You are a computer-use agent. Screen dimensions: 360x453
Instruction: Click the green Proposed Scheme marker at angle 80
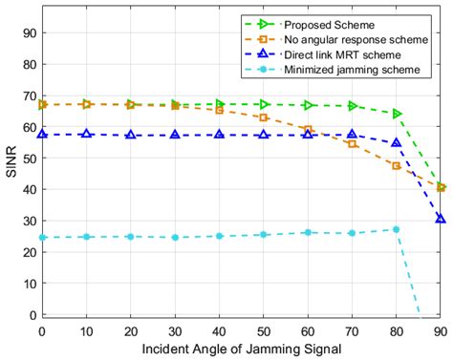[x=397, y=114]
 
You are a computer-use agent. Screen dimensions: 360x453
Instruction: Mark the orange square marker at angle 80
[x=397, y=166]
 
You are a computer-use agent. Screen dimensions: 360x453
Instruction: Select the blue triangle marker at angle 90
[x=441, y=219]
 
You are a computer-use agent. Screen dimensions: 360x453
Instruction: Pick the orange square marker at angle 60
[x=308, y=129]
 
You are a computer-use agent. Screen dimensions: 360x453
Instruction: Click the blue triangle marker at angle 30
[x=175, y=135]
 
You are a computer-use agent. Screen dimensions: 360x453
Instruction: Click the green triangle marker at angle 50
[x=264, y=104]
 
